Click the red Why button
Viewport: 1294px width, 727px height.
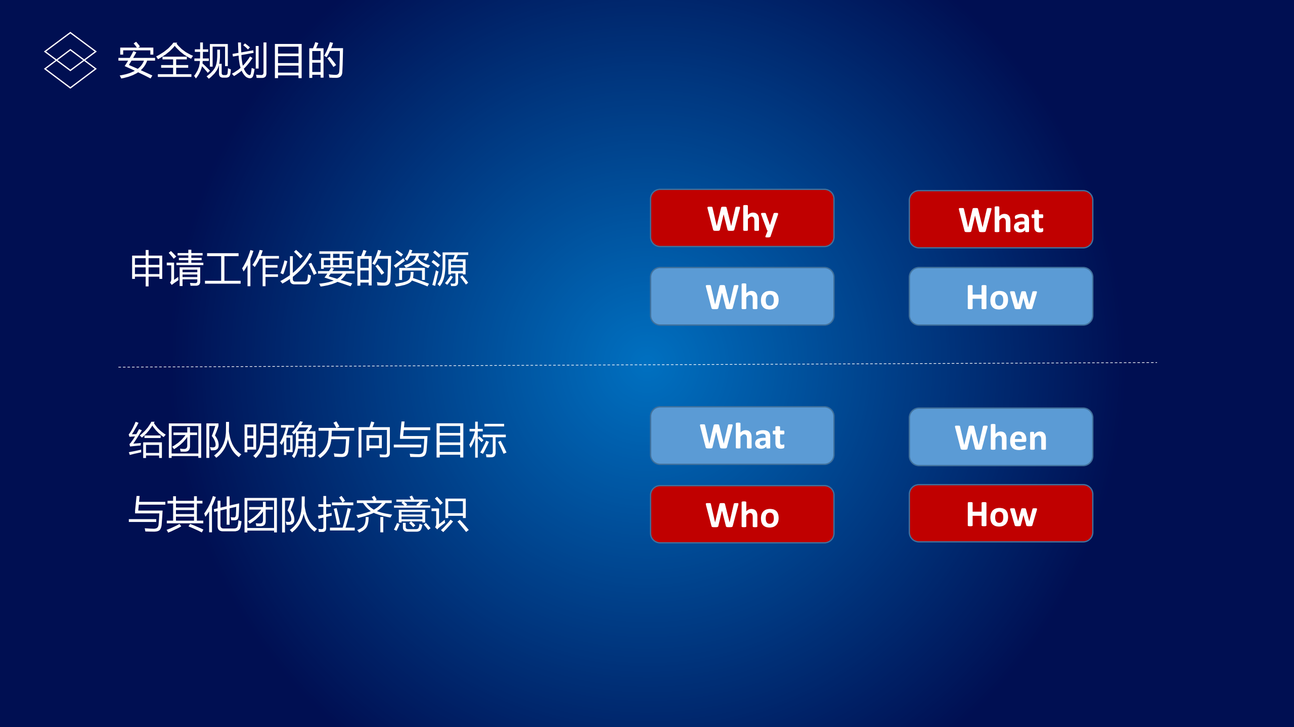coord(742,218)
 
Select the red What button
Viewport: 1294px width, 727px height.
coord(1001,219)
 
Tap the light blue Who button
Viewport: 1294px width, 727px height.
coord(742,297)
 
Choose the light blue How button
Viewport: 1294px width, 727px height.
coord(1001,297)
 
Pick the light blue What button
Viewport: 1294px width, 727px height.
coord(742,435)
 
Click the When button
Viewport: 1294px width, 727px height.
coord(1001,437)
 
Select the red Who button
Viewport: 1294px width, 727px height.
coord(742,514)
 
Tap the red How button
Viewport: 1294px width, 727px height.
coord(1001,513)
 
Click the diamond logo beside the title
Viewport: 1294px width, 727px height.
coord(70,60)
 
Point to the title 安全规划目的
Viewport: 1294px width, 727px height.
coord(231,61)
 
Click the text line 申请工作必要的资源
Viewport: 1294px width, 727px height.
coord(299,269)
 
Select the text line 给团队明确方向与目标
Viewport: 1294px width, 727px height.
coord(318,440)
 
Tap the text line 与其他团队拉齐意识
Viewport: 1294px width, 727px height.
coord(299,514)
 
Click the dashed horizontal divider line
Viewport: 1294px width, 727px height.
coord(637,365)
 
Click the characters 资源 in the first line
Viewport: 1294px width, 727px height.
coord(431,269)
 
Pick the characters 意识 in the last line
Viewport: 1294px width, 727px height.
coord(431,514)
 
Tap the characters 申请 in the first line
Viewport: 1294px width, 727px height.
coord(166,269)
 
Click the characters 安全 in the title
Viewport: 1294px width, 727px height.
coord(155,61)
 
